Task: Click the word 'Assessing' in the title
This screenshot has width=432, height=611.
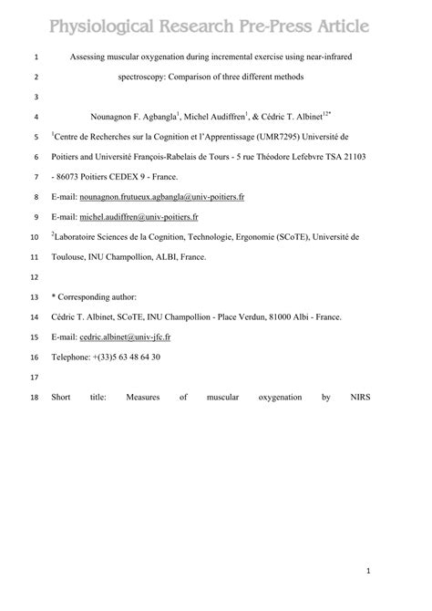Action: tap(90, 57)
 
